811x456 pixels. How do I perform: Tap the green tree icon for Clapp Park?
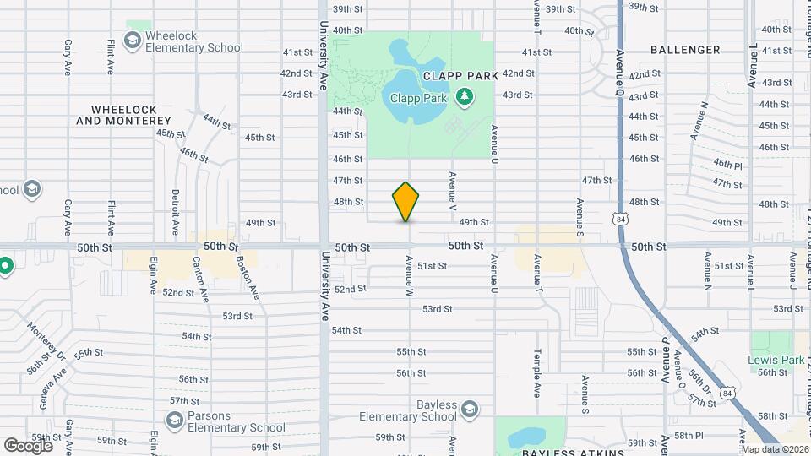pyautogui.click(x=463, y=98)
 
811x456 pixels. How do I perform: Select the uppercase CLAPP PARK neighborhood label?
pyautogui.click(x=460, y=75)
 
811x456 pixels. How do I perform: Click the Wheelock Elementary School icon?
pyautogui.click(x=132, y=40)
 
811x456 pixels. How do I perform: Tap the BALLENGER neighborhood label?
pyautogui.click(x=685, y=50)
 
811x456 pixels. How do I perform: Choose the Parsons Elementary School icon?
pyautogui.click(x=175, y=420)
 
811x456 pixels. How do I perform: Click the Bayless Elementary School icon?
pyautogui.click(x=470, y=410)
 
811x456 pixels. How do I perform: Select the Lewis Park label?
pyautogui.click(x=776, y=360)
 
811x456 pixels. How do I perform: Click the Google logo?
pyautogui.click(x=28, y=445)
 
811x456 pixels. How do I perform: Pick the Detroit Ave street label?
pyautogui.click(x=175, y=210)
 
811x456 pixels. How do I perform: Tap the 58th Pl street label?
pyautogui.click(x=689, y=435)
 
